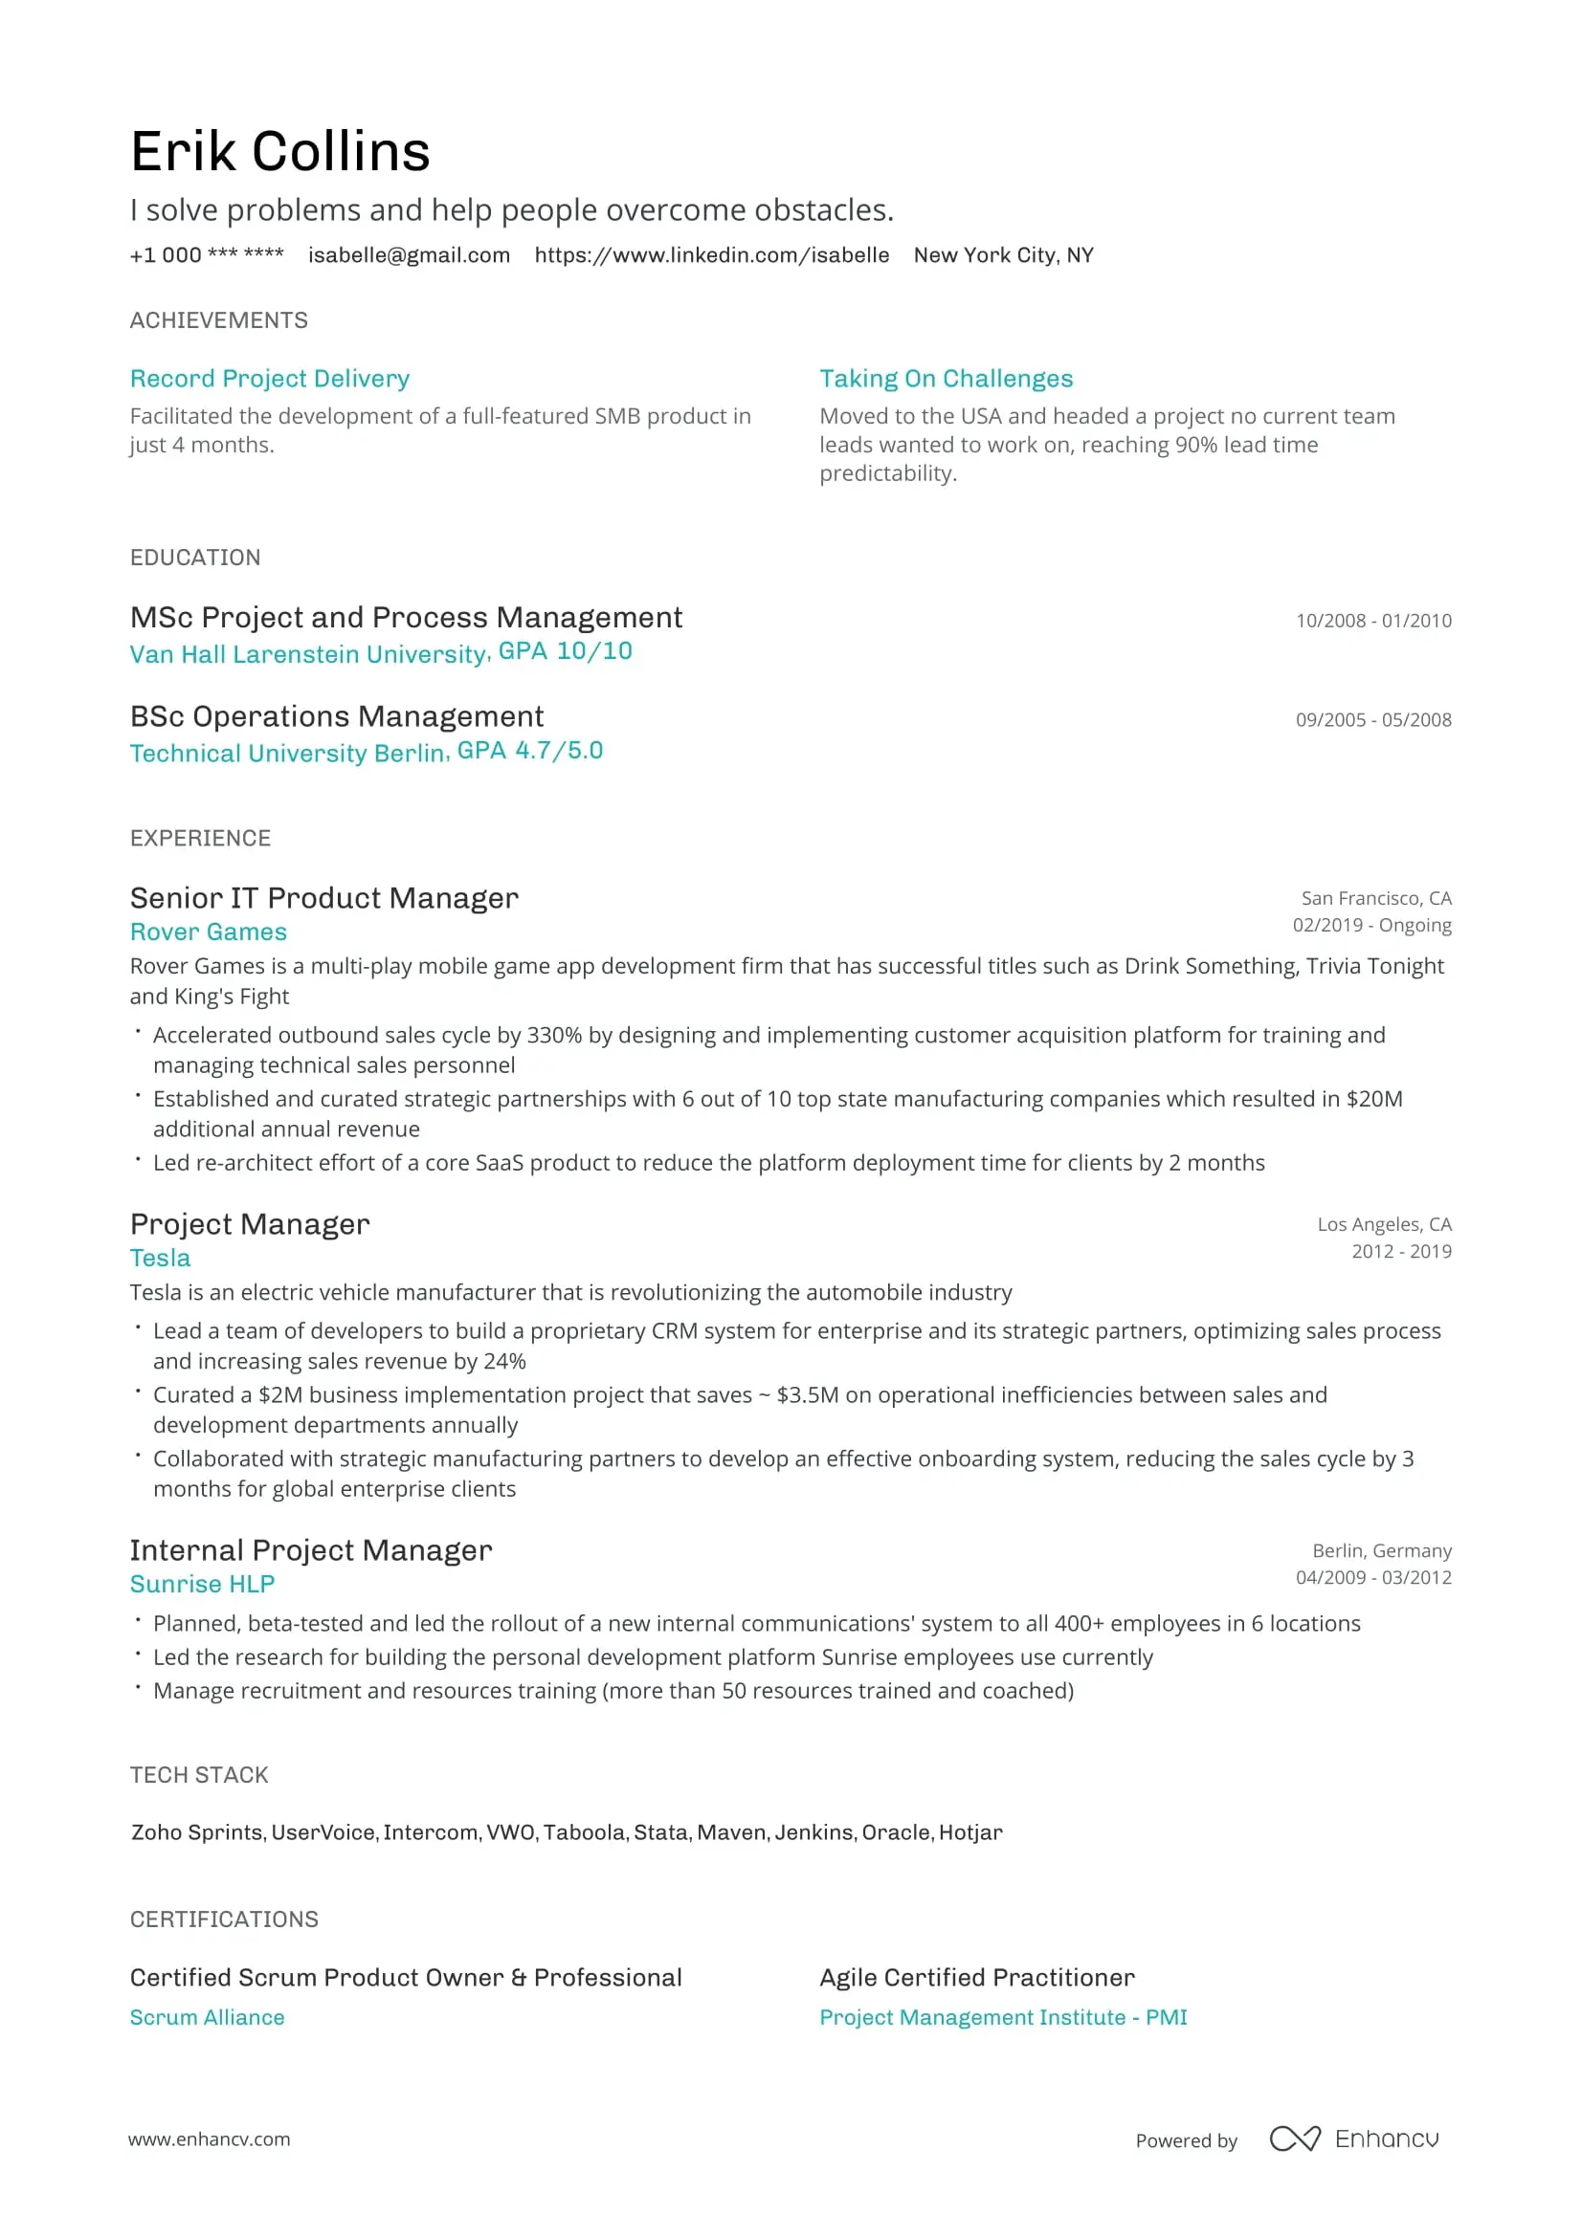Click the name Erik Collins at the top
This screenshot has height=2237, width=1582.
point(279,152)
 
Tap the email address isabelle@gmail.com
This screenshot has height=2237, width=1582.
point(409,255)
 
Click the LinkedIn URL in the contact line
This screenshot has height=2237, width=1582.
point(710,255)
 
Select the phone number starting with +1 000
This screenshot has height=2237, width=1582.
point(207,255)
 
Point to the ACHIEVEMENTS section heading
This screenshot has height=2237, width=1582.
point(218,320)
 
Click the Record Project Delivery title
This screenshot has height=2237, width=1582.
point(269,378)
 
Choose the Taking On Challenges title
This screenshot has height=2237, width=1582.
point(946,378)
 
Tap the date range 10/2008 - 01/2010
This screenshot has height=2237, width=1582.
point(1372,621)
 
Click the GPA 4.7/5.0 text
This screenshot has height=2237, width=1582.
point(529,750)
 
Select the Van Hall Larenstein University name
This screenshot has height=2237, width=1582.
point(309,654)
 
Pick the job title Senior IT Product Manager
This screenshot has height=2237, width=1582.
point(323,897)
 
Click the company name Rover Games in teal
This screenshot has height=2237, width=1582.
point(208,932)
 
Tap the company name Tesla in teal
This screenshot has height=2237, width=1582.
point(160,1258)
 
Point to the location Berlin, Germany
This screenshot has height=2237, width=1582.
point(1381,1550)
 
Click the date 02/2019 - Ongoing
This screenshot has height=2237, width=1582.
point(1371,925)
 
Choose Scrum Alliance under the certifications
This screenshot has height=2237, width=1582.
point(207,2017)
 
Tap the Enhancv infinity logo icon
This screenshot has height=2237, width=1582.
point(1295,2138)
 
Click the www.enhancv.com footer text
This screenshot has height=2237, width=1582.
point(209,2138)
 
